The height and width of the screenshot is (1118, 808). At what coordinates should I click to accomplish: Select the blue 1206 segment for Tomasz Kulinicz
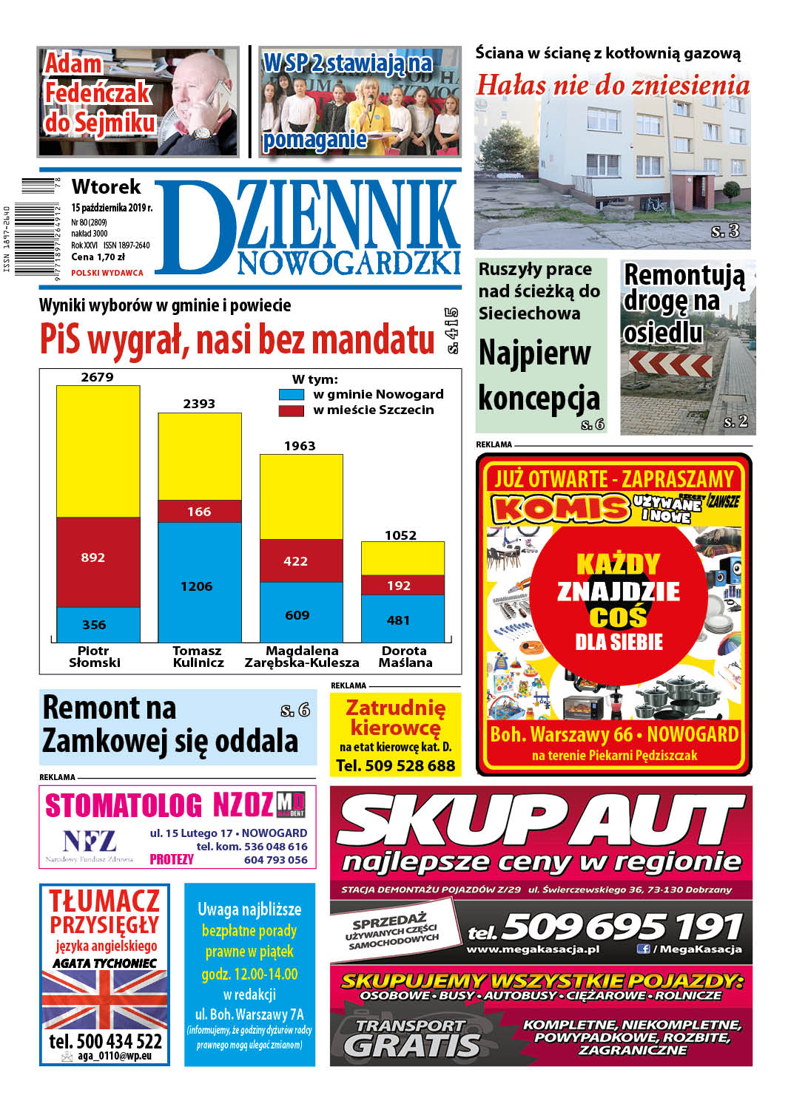click(199, 581)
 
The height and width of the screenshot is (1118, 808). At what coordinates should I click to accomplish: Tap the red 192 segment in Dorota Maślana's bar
click(403, 585)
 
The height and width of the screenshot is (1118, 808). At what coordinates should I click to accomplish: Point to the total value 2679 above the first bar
click(97, 377)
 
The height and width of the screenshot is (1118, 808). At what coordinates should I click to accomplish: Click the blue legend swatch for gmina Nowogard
click(291, 395)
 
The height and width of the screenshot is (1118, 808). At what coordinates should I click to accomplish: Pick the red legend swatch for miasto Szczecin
click(291, 410)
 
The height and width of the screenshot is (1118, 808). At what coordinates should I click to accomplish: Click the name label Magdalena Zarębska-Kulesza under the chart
click(302, 657)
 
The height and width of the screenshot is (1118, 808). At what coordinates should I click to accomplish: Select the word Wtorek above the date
click(106, 187)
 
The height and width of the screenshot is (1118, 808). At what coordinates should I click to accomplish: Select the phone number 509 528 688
click(395, 766)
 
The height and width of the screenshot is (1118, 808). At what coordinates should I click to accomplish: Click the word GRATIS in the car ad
click(412, 1044)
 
